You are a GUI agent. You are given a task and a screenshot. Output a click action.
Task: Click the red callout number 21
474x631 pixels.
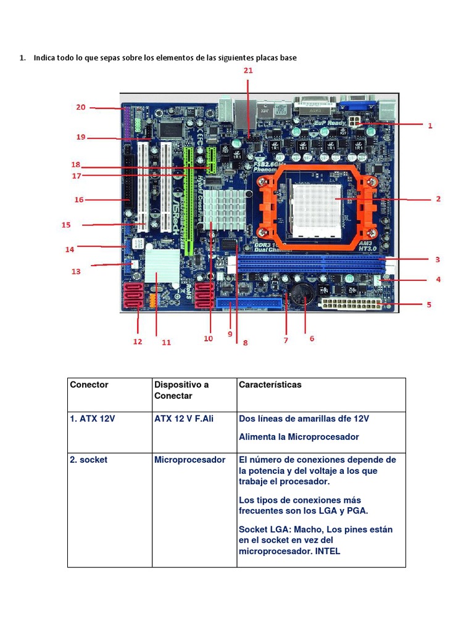247,71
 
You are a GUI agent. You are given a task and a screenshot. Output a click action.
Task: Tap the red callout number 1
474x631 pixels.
430,125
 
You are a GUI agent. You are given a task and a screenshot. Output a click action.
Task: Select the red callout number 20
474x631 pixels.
81,107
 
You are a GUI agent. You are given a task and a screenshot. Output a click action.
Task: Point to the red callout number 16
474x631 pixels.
79,200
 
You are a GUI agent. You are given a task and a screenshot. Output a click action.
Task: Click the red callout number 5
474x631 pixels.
429,304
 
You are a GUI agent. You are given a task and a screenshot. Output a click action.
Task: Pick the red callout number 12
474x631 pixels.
137,341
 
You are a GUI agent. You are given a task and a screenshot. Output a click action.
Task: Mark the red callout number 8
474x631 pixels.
245,343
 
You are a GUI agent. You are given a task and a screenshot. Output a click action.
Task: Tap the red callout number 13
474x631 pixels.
76,271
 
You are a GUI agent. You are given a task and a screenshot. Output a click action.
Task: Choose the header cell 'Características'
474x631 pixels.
270,385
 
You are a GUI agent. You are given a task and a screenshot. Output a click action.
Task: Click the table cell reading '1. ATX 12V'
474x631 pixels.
93,419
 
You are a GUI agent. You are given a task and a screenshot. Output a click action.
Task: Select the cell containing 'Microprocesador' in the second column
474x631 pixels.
190,460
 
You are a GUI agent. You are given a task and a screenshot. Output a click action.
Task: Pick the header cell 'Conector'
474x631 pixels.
89,385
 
